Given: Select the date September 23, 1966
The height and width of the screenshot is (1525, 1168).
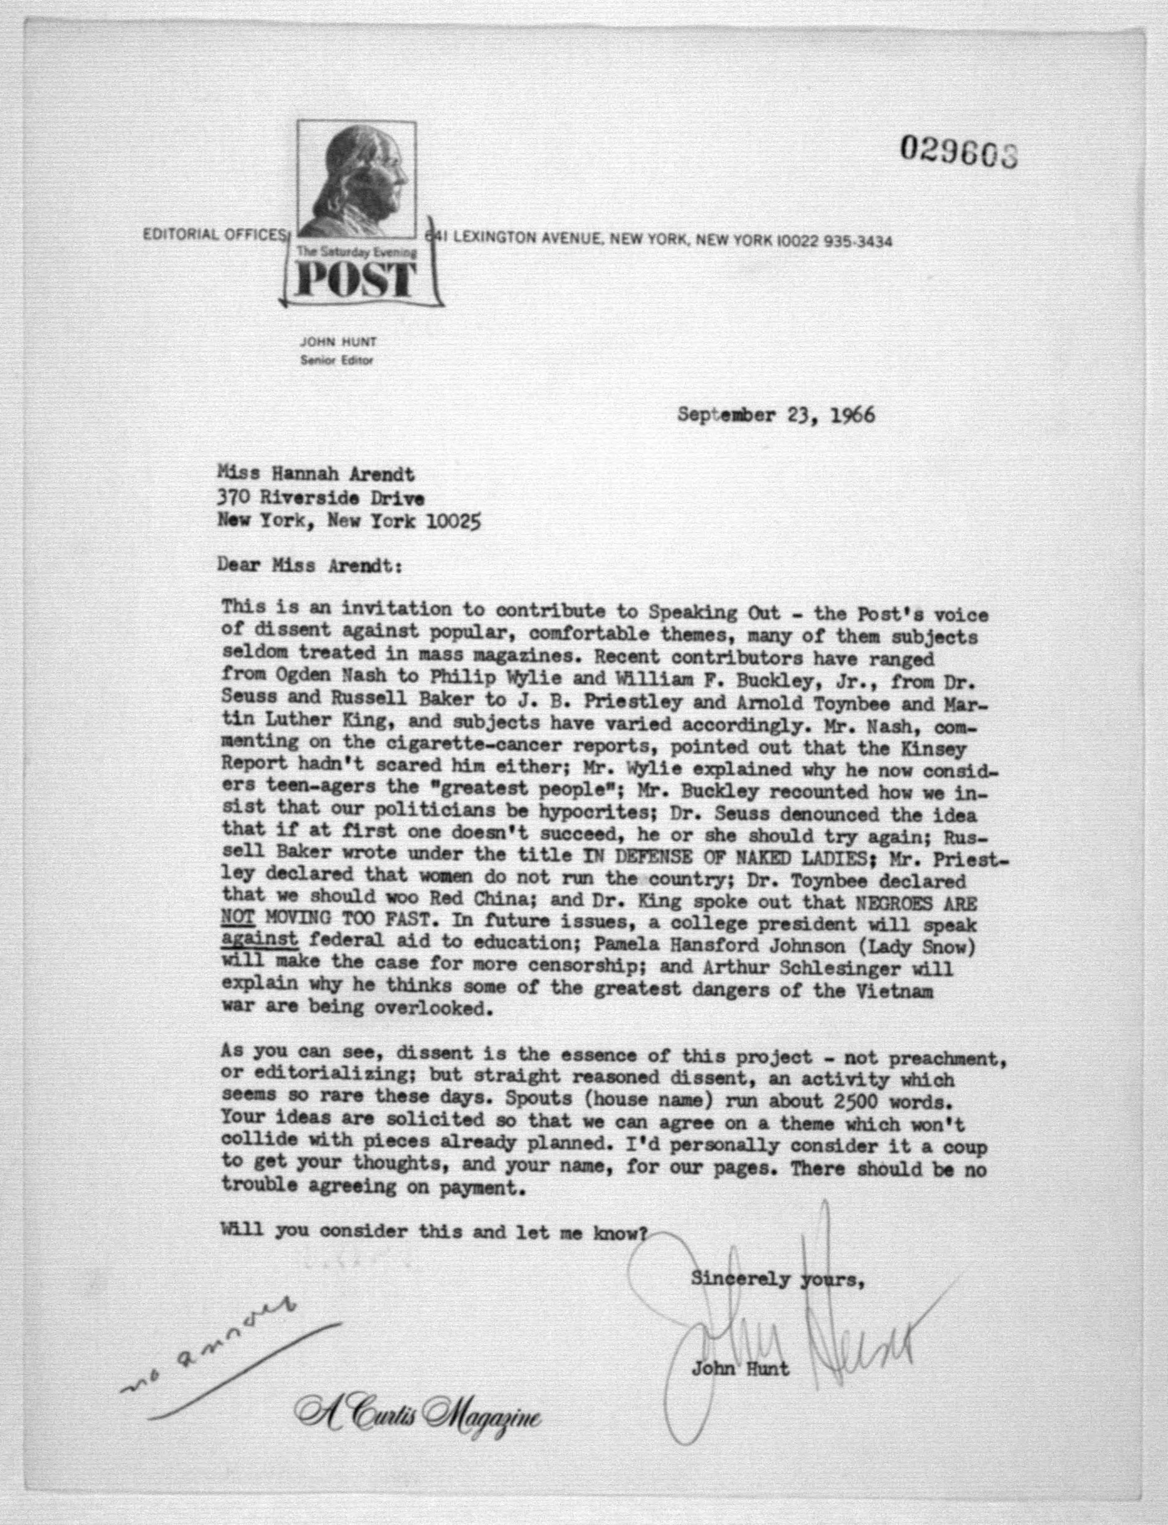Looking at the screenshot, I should [x=776, y=415].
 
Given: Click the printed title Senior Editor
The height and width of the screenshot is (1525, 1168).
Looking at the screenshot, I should [x=336, y=360].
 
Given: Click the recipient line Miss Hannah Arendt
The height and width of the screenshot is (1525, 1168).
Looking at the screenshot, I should [x=316, y=475].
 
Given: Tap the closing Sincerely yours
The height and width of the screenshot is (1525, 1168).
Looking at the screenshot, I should [x=777, y=1278].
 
